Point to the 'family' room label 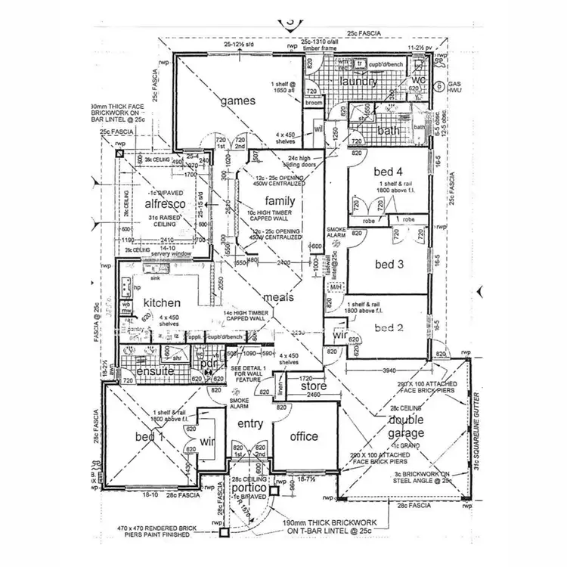pyautogui.click(x=279, y=200)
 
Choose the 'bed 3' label pyautogui.click(x=390, y=264)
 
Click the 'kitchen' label pyautogui.click(x=162, y=302)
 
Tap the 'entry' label pyautogui.click(x=250, y=423)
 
